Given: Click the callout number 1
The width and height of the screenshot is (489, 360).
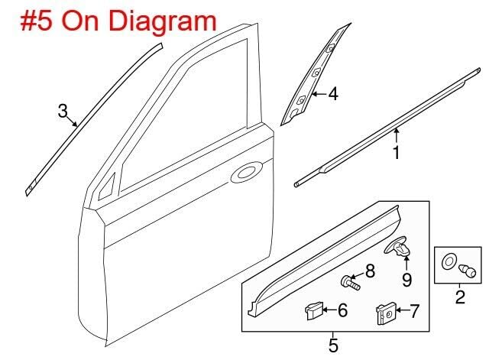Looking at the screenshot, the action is (x=396, y=153).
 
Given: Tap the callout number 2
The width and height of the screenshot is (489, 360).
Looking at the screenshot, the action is (x=460, y=297).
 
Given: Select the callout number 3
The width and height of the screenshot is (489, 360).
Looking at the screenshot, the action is (x=63, y=111).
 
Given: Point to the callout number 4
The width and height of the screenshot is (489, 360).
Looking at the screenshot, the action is (x=333, y=93).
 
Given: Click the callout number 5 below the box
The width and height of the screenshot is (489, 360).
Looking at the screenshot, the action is (x=333, y=345).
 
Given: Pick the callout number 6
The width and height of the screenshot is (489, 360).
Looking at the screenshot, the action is (x=342, y=310).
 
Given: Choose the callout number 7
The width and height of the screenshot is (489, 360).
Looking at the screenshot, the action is (x=414, y=311).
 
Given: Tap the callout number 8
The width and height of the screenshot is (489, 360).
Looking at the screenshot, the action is (x=370, y=271).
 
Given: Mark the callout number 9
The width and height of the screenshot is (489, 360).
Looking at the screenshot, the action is (x=406, y=280).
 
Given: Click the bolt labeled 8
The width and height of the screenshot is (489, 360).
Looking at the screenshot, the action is (x=350, y=282).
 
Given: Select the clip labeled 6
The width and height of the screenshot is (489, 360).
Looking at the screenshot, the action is (x=313, y=310).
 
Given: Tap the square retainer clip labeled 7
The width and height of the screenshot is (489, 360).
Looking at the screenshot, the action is (x=386, y=313).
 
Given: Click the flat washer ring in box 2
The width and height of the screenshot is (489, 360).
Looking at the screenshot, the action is (x=449, y=262).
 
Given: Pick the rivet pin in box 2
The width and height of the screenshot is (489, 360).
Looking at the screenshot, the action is (x=467, y=271).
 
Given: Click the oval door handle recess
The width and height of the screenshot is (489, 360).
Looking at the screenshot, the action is (x=247, y=172).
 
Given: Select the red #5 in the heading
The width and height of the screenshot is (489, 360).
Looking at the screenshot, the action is (x=36, y=21).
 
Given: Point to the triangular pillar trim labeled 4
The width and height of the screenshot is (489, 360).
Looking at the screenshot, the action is (x=314, y=76).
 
